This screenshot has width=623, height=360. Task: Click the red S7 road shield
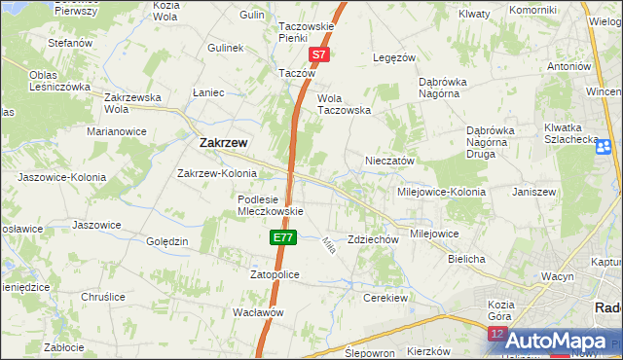click(319, 56)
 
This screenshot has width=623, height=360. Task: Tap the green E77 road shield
click(282, 236)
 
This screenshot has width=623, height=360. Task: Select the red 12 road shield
click(498, 334)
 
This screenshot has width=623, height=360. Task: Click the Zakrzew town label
click(222, 142)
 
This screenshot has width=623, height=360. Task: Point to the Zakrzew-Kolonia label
click(216, 174)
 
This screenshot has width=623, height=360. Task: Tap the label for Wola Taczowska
click(346, 104)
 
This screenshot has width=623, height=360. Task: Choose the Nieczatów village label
click(390, 161)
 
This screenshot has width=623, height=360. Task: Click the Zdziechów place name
click(374, 239)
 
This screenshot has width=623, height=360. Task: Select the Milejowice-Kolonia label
click(439, 192)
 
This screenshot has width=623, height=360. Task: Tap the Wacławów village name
click(258, 312)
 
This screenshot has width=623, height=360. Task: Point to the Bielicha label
click(466, 260)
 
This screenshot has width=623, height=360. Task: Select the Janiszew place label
click(532, 192)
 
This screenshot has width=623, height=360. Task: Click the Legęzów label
click(395, 57)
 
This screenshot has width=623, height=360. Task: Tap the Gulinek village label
click(224, 47)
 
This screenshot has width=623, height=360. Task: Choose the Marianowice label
click(116, 130)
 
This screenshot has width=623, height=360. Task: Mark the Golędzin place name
click(165, 241)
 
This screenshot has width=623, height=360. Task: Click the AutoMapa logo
click(555, 341)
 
